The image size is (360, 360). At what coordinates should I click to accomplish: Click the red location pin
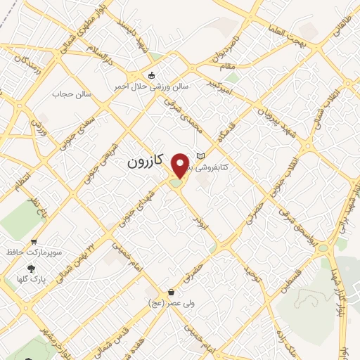pyautogui.click(x=181, y=166)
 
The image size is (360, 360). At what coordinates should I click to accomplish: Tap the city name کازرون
pyautogui.click(x=146, y=162)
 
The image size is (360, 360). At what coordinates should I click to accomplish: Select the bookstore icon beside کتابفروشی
pyautogui.click(x=201, y=156)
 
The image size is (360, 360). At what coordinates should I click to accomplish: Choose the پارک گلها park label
pyautogui.click(x=31, y=278)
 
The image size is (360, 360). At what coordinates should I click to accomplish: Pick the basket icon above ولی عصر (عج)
pyautogui.click(x=172, y=292)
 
